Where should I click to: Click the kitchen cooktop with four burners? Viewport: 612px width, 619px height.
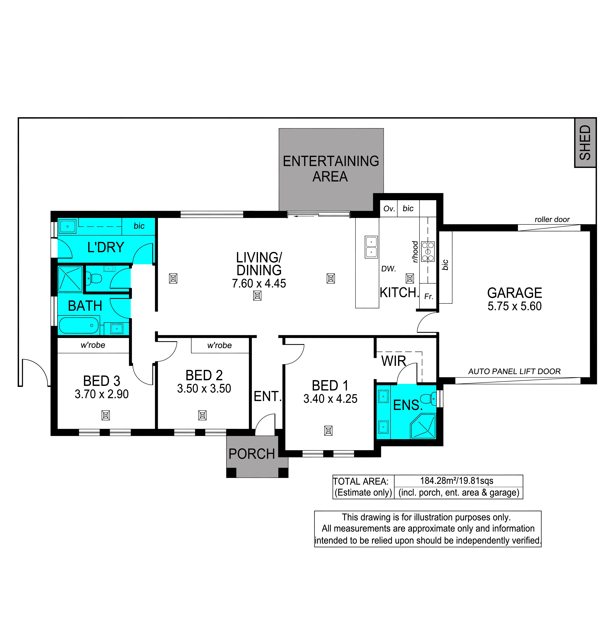click(427, 252)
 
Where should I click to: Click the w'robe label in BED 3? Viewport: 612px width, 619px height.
click(93, 345)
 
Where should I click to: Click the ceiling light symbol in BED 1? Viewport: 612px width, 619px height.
click(328, 431)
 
